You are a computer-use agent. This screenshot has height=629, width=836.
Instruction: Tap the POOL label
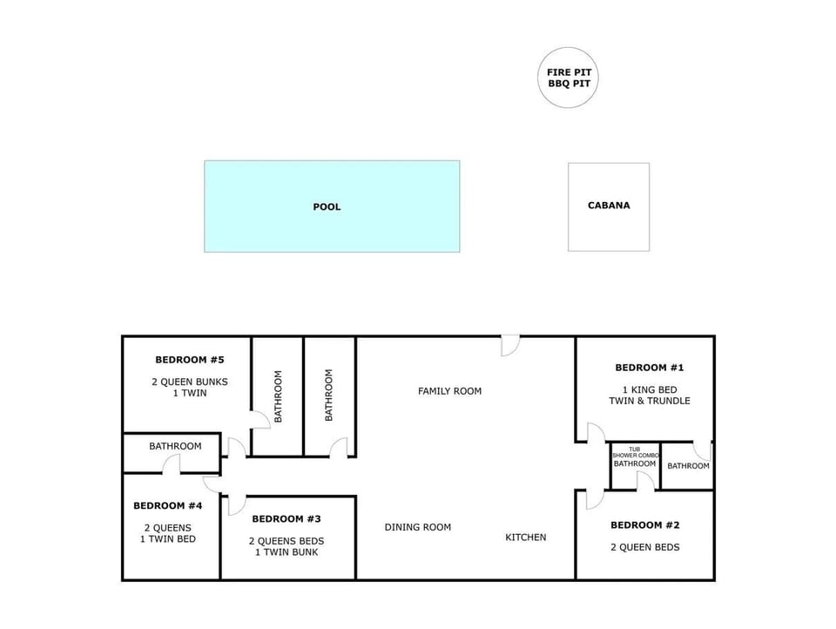coord(327,206)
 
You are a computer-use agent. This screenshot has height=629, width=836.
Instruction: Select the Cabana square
coord(609,206)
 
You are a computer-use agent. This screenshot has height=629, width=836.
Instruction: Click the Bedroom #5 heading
coord(190,360)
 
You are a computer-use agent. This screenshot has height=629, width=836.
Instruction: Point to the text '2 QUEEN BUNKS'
coord(190,382)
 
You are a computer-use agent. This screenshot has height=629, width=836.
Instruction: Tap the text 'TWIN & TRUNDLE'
coord(649,401)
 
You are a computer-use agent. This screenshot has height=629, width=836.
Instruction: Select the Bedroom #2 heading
coord(644,525)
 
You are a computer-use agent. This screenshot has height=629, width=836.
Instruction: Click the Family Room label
coord(449,391)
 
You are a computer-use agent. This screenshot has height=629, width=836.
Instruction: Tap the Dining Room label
coord(418,527)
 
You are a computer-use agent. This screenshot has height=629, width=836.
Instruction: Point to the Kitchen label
coord(526,538)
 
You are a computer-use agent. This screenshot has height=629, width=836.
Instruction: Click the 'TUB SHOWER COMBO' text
coord(634,452)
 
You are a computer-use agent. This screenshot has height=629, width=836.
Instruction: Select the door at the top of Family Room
coord(510,345)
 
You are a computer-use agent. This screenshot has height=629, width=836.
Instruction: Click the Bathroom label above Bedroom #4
coord(175,446)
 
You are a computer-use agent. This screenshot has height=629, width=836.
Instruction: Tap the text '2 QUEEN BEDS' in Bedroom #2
coord(644,547)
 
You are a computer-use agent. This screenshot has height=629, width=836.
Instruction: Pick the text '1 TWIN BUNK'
coord(287,552)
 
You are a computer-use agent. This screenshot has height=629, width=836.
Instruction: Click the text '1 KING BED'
coord(649,389)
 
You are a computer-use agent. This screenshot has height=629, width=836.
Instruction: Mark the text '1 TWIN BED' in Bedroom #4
coord(168,538)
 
